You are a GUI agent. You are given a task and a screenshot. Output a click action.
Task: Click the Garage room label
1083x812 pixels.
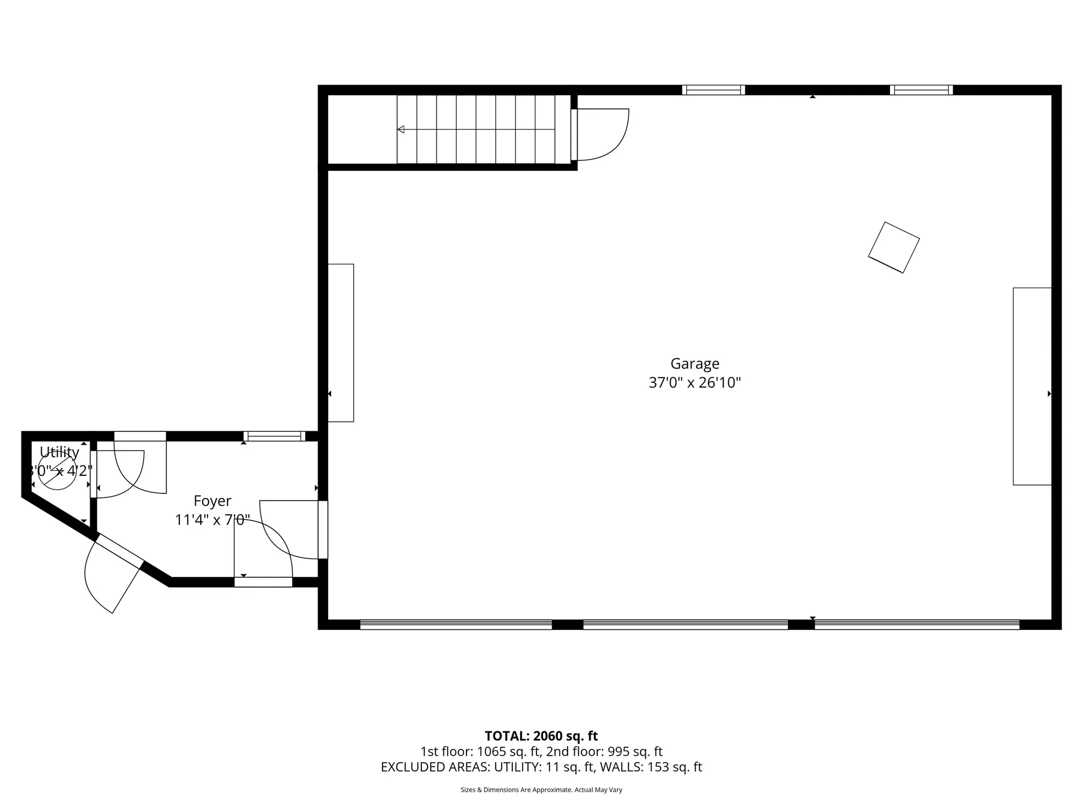(x=694, y=364)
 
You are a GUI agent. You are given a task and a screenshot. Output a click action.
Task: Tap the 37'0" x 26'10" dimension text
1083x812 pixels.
(x=694, y=383)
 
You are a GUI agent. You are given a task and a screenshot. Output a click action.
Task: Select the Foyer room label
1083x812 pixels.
(x=212, y=501)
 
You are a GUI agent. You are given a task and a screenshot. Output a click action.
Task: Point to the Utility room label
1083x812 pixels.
(x=59, y=452)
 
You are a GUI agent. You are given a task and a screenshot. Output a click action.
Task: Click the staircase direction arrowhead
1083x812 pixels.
(x=401, y=130)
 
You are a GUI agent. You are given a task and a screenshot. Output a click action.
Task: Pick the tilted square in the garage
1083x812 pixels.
(x=893, y=248)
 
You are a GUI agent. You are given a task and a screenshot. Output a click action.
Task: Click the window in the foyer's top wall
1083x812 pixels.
(x=274, y=436)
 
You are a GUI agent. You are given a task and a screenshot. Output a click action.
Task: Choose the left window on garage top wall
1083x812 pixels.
(x=713, y=90)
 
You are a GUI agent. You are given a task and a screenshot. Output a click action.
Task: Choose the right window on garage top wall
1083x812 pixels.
(x=921, y=90)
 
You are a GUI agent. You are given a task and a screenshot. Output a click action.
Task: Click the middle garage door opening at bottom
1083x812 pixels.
(x=685, y=624)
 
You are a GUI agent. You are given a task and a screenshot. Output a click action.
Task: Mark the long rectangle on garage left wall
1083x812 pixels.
(x=341, y=342)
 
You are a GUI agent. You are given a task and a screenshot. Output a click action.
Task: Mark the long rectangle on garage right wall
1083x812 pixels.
(x=1032, y=386)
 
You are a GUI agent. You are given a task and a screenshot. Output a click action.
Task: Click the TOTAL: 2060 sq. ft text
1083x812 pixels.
(x=541, y=736)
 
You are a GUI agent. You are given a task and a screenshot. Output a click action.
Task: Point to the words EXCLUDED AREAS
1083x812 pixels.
(x=435, y=767)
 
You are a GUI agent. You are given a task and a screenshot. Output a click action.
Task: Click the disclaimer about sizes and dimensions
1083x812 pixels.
(x=541, y=790)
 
